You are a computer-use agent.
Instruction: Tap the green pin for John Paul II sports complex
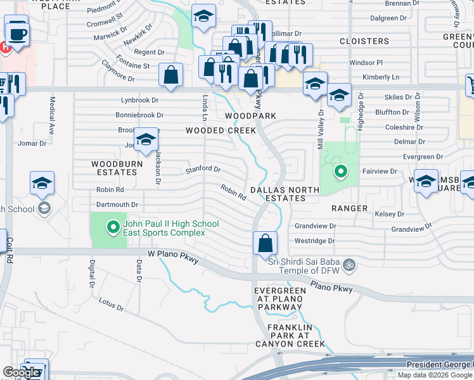[113, 226]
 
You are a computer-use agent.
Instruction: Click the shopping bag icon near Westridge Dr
[265, 243]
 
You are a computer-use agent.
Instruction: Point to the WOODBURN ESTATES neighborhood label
[114, 168]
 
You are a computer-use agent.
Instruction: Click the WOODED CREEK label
[221, 130]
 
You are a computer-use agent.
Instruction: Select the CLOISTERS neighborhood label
[364, 41]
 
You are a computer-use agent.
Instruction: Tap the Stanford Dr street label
[203, 169]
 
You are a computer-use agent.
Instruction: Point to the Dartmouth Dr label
[117, 205]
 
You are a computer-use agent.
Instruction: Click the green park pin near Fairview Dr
[340, 171]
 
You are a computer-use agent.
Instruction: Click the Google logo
[20, 372]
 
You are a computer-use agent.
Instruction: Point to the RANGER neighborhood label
[349, 208]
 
